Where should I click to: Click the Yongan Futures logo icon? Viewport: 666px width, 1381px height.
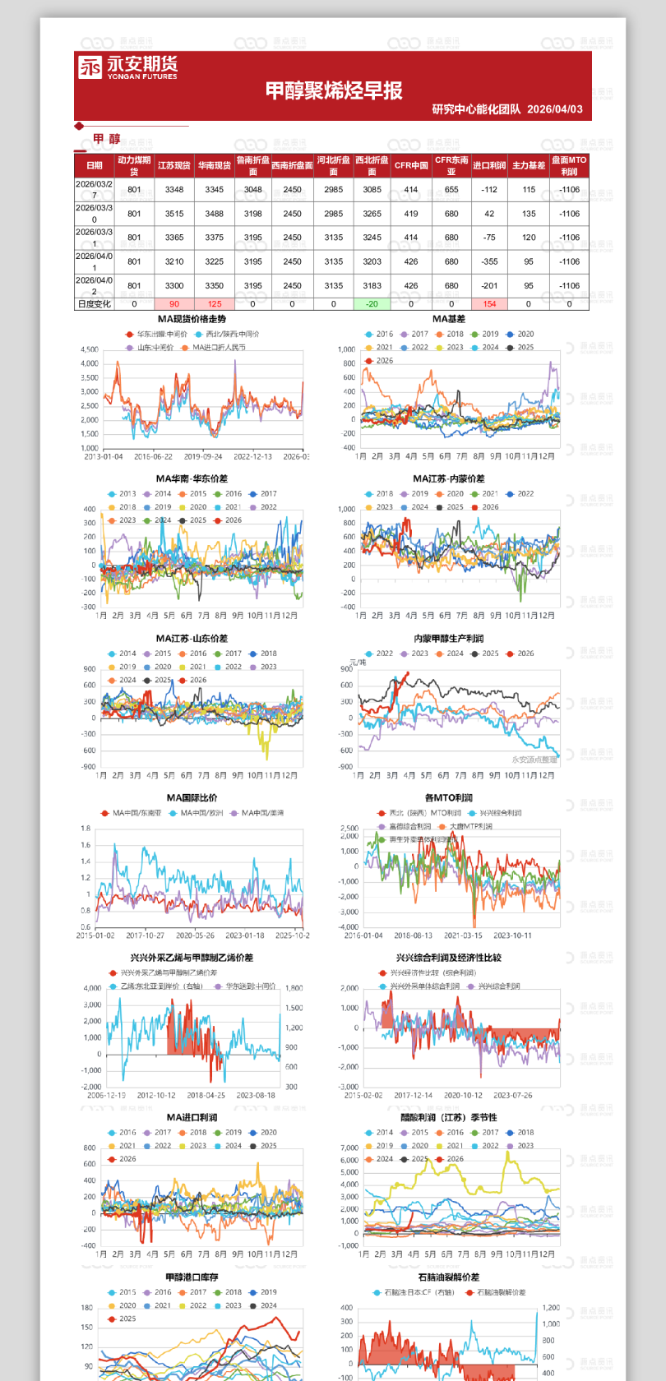click(x=90, y=67)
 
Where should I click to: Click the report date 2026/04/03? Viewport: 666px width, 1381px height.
click(x=555, y=109)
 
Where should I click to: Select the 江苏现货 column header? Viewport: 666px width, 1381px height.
click(x=174, y=165)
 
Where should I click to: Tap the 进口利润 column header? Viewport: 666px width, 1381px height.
click(x=489, y=165)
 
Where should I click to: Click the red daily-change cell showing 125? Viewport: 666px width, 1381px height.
click(x=215, y=304)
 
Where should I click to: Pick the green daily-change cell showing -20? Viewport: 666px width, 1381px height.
click(x=372, y=304)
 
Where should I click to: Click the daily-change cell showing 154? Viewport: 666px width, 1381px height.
click(x=489, y=304)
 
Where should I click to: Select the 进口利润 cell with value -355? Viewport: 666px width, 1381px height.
click(x=489, y=261)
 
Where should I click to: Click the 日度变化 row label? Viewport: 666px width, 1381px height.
click(x=94, y=304)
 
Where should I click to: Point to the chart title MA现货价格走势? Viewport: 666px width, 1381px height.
click(x=192, y=319)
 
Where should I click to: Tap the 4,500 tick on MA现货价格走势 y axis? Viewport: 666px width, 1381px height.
click(x=90, y=350)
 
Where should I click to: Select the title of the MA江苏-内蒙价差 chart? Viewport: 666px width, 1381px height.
click(x=448, y=478)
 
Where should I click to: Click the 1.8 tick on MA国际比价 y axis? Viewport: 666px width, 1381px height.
click(x=86, y=829)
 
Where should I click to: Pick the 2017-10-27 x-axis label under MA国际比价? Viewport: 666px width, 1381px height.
click(x=145, y=935)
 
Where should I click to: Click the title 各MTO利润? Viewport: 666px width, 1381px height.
click(x=448, y=797)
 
